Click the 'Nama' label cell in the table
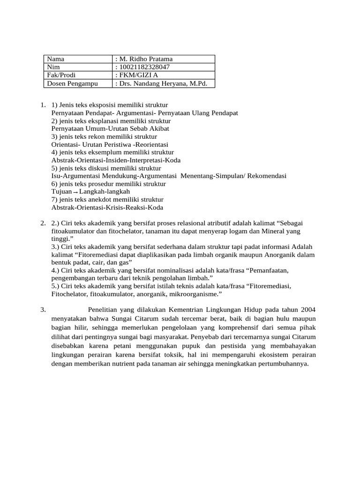[56, 59]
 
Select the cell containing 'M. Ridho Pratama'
[146, 59]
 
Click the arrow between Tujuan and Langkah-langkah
[75, 192]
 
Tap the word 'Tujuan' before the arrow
[61, 192]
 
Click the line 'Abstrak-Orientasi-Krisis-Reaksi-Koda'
[107, 208]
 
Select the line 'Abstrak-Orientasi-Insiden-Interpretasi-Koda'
[116, 160]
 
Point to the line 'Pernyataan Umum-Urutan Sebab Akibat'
[110, 128]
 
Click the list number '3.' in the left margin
[43, 310]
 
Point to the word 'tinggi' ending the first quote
[60, 239]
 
